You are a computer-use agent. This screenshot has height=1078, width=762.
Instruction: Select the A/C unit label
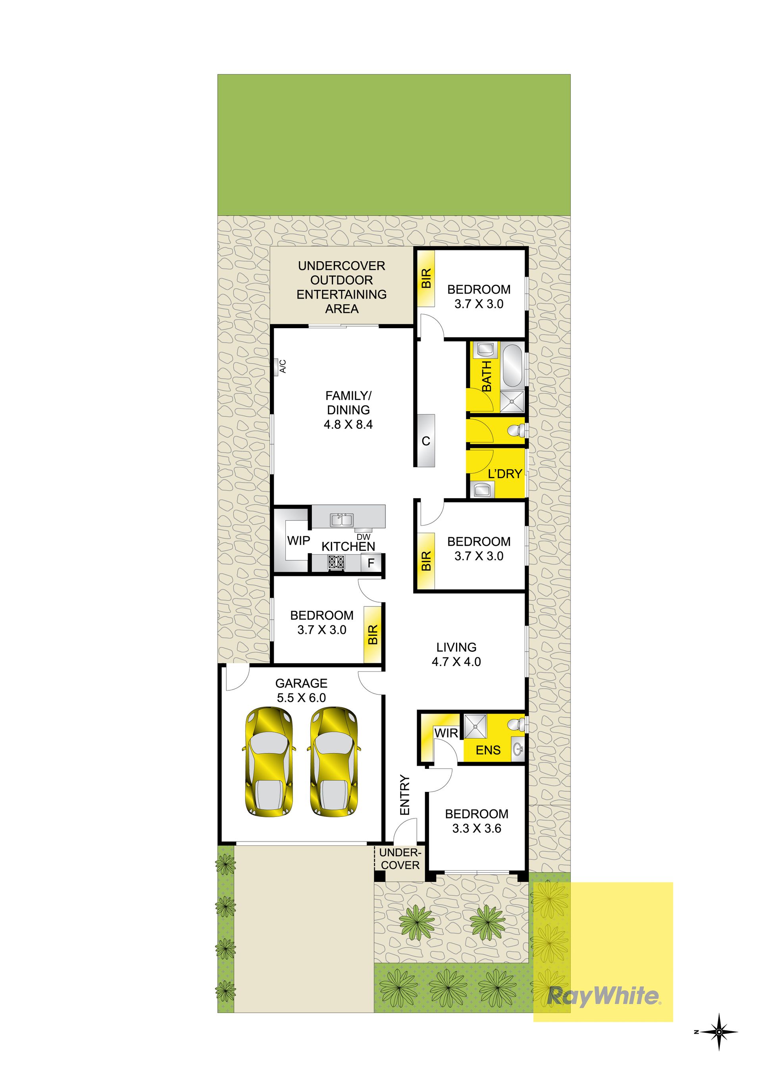(x=283, y=366)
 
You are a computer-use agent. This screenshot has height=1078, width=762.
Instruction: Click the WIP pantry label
(x=298, y=541)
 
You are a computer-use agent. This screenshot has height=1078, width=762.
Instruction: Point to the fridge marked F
(x=371, y=563)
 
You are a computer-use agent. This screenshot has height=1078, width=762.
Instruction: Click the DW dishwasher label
(x=364, y=537)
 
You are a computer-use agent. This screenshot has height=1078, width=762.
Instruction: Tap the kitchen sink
(x=342, y=520)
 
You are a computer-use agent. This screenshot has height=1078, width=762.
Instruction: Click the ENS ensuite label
(x=488, y=750)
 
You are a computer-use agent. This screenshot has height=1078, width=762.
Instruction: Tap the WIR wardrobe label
(x=446, y=733)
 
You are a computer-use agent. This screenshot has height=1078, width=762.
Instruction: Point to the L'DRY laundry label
(x=505, y=474)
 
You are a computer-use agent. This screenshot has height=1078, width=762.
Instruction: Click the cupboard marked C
(x=425, y=441)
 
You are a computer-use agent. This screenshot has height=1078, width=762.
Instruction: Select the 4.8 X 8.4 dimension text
(x=348, y=424)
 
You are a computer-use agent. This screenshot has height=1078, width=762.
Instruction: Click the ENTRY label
(x=405, y=795)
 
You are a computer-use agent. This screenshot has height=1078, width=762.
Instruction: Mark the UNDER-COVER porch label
(x=400, y=859)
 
